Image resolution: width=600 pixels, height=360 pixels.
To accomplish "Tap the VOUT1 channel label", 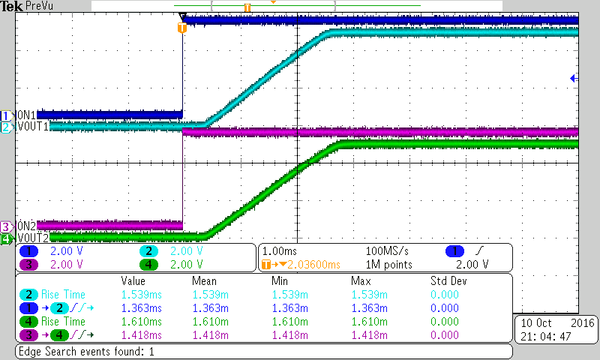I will point(32,127).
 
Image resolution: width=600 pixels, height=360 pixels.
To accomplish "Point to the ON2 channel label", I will point(27,226).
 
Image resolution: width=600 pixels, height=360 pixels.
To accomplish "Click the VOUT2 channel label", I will point(32,238).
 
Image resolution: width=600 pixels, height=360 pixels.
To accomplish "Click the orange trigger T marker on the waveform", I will point(181,28).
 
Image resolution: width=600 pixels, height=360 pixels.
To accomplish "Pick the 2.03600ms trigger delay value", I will point(310,264).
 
